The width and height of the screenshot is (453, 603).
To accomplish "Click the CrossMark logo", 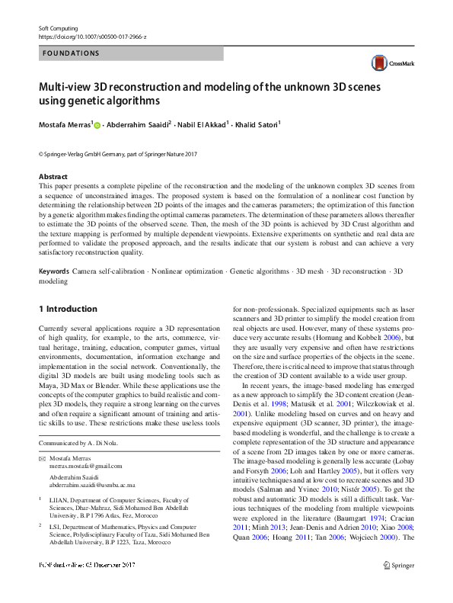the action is point(389,64).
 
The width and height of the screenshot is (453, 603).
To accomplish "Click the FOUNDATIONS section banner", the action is point(130,53).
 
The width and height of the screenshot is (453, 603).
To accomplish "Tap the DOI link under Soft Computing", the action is point(92,37).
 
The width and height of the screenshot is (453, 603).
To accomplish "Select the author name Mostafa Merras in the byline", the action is point(65,124).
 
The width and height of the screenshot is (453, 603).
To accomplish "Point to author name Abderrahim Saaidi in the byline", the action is point(137,124).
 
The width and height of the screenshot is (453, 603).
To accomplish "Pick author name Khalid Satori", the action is point(256,124).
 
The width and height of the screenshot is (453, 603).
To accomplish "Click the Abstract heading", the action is point(53,177).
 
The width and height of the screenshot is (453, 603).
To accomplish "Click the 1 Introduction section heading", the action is point(68,309).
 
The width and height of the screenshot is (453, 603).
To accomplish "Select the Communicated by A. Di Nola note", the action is point(79,442).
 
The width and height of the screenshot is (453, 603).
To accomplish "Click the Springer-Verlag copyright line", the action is point(117,154).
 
